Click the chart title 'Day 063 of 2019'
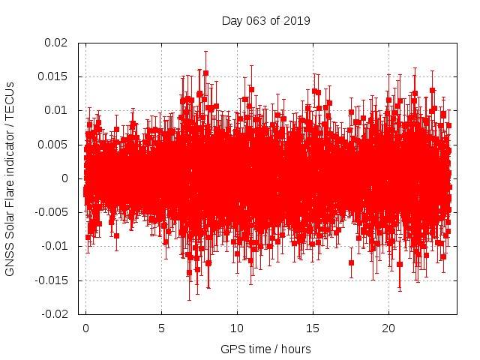point(265,20)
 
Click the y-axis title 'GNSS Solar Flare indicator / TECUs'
point(10,178)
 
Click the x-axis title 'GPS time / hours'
point(265,349)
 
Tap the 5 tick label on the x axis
point(161,328)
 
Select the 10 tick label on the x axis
point(237,328)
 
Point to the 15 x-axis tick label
point(313,328)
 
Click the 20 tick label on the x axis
point(388,328)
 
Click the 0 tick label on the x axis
point(85,328)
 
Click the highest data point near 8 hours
point(205,73)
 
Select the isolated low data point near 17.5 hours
point(351,262)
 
